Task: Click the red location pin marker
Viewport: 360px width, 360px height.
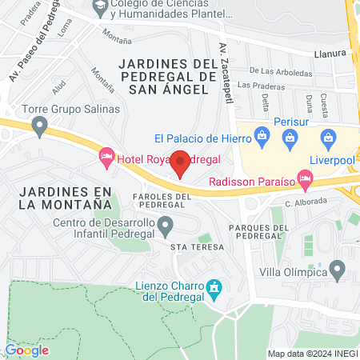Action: click(x=181, y=162)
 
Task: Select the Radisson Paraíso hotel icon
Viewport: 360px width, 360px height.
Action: click(x=304, y=180)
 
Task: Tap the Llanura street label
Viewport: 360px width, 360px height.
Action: click(x=330, y=54)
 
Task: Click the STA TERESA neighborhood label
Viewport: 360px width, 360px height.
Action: click(x=198, y=248)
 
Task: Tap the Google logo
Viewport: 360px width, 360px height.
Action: click(x=26, y=349)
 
